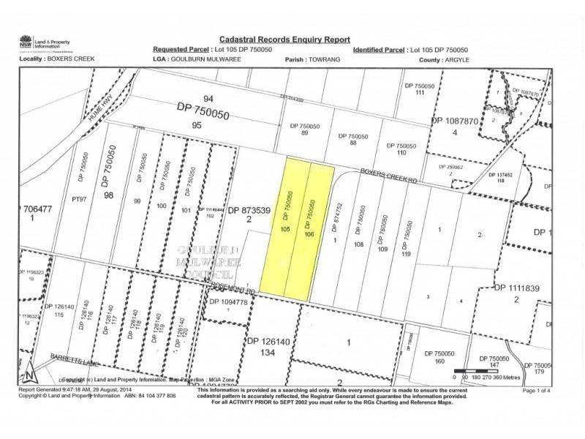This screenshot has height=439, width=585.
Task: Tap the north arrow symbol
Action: click(27, 372)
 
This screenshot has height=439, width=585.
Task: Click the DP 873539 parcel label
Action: click(249, 210)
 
